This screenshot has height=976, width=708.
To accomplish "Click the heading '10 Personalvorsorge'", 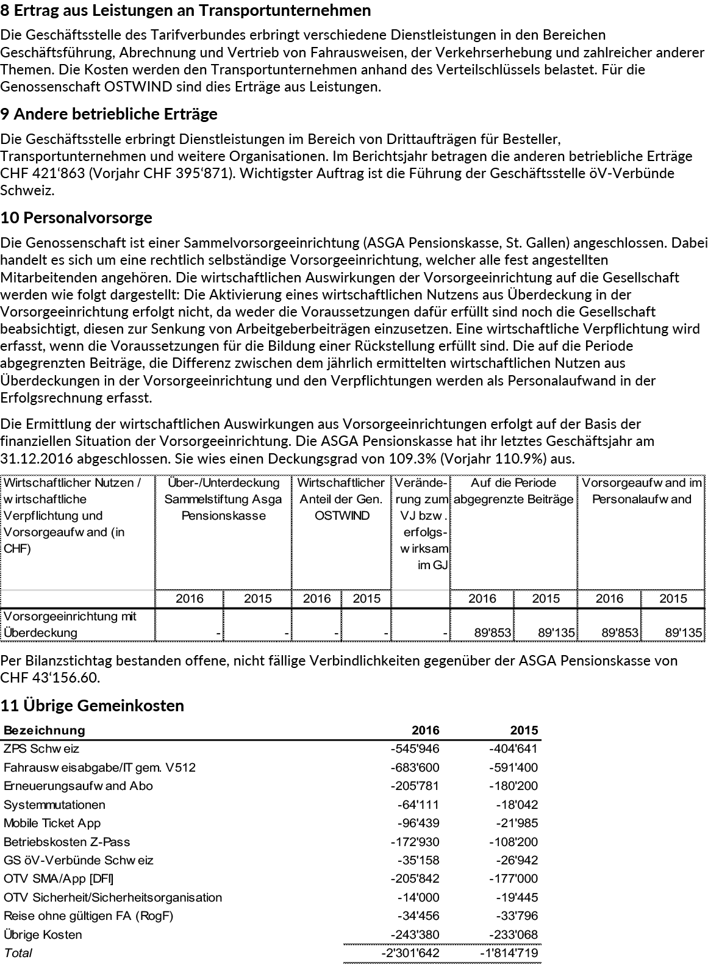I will (x=76, y=218).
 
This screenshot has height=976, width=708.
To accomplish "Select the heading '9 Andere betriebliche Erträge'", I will (x=109, y=114).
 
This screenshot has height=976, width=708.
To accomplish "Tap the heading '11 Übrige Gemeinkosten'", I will (x=92, y=706).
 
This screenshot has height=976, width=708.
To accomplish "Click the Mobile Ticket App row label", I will (x=52, y=823).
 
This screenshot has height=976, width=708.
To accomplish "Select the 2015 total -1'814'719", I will (x=513, y=953).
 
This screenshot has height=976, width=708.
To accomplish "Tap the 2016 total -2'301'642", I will (x=410, y=953).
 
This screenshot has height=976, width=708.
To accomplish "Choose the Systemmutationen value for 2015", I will (x=518, y=805).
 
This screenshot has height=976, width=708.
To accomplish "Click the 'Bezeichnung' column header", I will (x=45, y=730).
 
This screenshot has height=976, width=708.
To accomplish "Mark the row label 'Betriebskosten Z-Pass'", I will (x=66, y=842).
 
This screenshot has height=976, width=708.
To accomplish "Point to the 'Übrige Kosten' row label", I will (x=43, y=935).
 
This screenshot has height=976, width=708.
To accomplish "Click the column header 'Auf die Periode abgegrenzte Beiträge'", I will (x=513, y=491).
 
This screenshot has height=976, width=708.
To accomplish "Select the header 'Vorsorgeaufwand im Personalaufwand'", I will (x=641, y=491).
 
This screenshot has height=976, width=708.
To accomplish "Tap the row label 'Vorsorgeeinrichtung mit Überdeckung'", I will (x=70, y=624).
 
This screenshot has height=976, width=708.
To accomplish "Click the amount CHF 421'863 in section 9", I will (x=41, y=173).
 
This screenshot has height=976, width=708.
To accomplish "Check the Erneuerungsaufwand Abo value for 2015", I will (x=513, y=786).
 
